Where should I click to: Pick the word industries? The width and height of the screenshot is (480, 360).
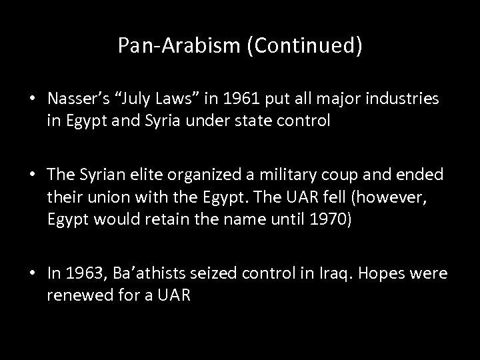[x=406, y=99]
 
